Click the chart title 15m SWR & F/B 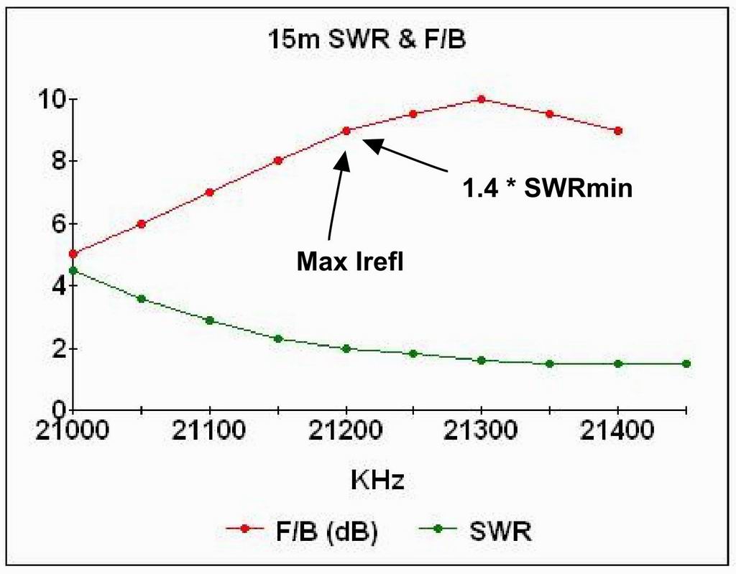click(x=367, y=40)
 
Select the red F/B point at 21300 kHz click(x=482, y=99)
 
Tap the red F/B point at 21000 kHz click(x=73, y=254)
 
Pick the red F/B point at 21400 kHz click(x=618, y=131)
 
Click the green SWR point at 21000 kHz click(x=73, y=271)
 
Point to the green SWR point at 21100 click(x=209, y=320)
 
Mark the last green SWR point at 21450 click(x=686, y=364)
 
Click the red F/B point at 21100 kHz click(x=209, y=192)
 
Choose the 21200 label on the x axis click(x=345, y=432)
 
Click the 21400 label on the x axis click(x=617, y=432)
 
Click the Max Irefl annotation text click(x=350, y=261)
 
